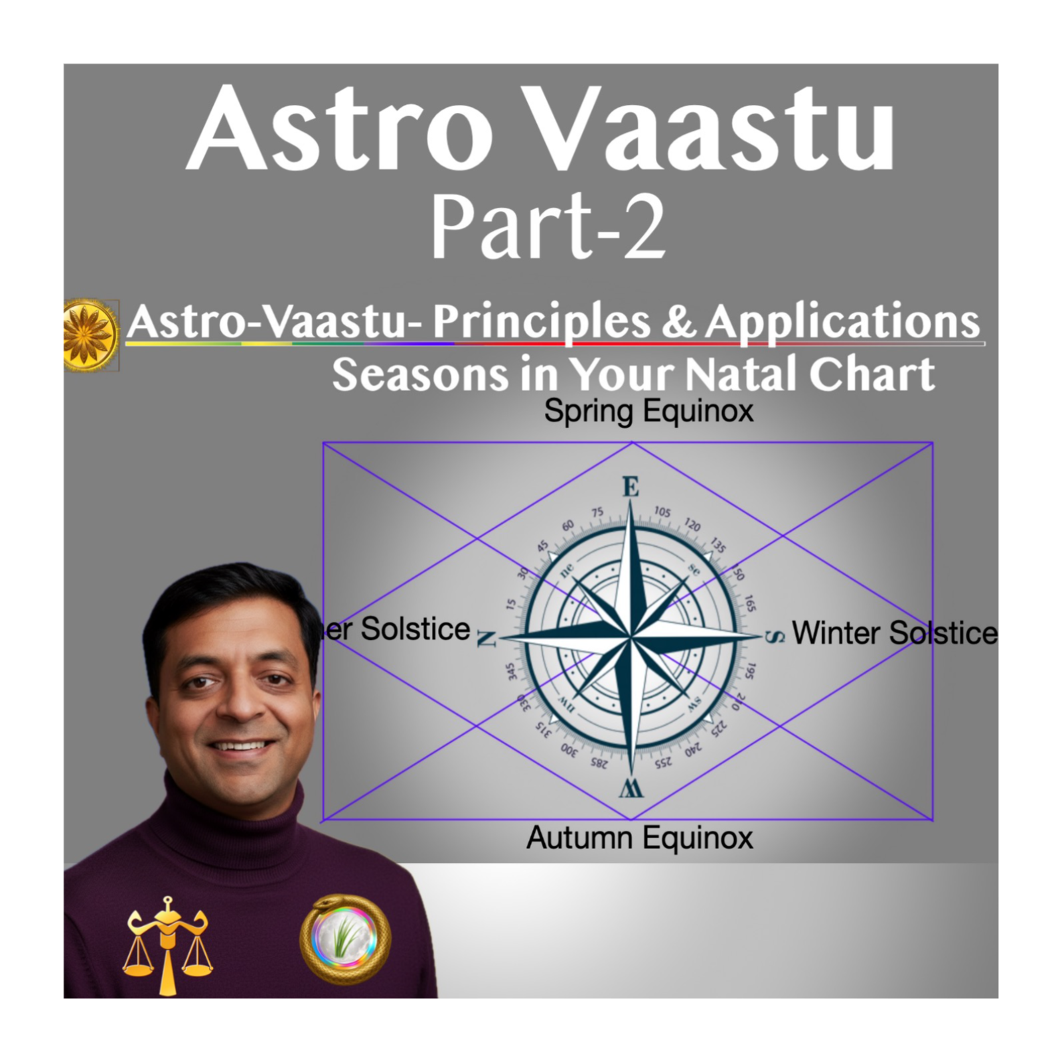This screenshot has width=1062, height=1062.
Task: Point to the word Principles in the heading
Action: tap(541, 323)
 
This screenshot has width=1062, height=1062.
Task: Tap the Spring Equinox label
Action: tap(648, 411)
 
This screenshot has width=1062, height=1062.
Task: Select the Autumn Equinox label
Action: tap(640, 838)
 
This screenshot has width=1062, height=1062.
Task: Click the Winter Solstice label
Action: tap(894, 632)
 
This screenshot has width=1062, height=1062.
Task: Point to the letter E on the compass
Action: tap(631, 488)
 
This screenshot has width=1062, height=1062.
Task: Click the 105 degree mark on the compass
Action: tap(662, 512)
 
